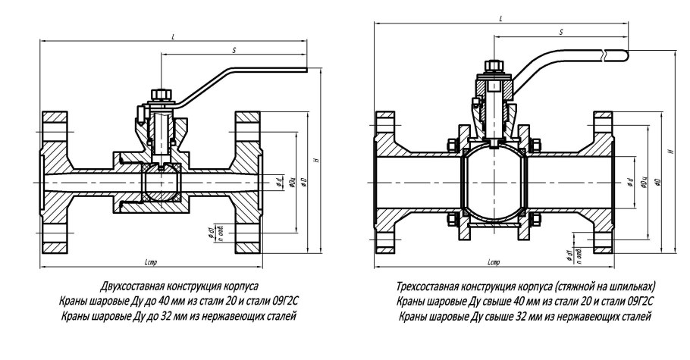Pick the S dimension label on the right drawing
(560, 33)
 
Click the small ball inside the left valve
(161, 184)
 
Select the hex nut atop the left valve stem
(160, 94)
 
